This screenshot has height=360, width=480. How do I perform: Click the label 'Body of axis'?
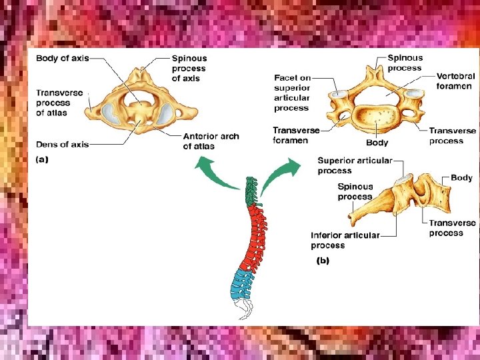(62, 58)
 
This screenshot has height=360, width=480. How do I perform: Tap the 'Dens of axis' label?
(62, 144)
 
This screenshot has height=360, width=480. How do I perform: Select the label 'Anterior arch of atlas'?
(211, 141)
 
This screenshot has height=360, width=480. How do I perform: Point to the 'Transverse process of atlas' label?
(59, 103)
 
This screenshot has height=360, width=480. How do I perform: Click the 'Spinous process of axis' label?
(189, 69)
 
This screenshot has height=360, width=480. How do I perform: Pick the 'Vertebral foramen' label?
(456, 81)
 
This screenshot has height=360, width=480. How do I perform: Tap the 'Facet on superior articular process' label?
(292, 93)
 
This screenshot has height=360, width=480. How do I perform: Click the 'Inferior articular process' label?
(345, 240)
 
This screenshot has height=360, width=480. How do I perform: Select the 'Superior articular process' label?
(354, 165)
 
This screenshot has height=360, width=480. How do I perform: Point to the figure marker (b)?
(322, 261)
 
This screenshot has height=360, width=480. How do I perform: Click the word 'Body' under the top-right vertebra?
(377, 143)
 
